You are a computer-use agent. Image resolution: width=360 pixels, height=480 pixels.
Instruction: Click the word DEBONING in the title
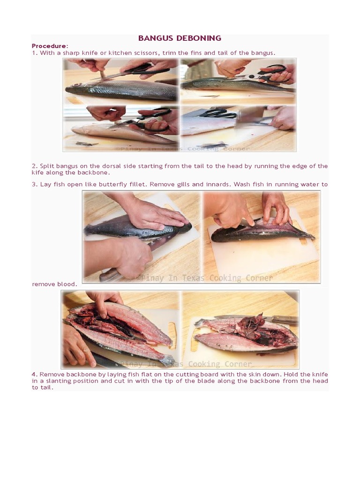click(x=200, y=38)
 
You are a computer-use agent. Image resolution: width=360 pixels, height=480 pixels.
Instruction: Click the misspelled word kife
click(x=38, y=172)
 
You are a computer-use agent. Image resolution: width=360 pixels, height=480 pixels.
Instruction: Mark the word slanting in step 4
click(x=62, y=381)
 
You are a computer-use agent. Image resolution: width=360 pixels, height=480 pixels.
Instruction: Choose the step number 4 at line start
click(x=34, y=375)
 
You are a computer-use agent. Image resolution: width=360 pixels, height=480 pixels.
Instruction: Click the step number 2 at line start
click(x=34, y=166)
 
